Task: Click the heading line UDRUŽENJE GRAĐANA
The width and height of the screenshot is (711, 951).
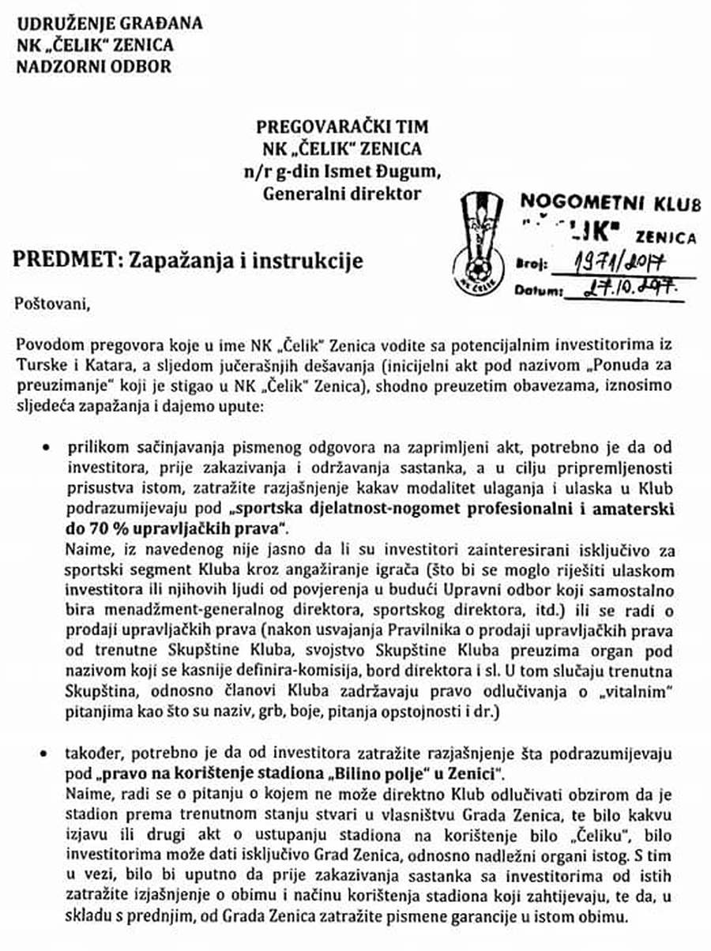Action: pos(109,23)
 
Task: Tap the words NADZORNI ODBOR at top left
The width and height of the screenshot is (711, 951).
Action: pos(93,66)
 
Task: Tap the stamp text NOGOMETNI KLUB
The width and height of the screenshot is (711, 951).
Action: pos(609,203)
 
